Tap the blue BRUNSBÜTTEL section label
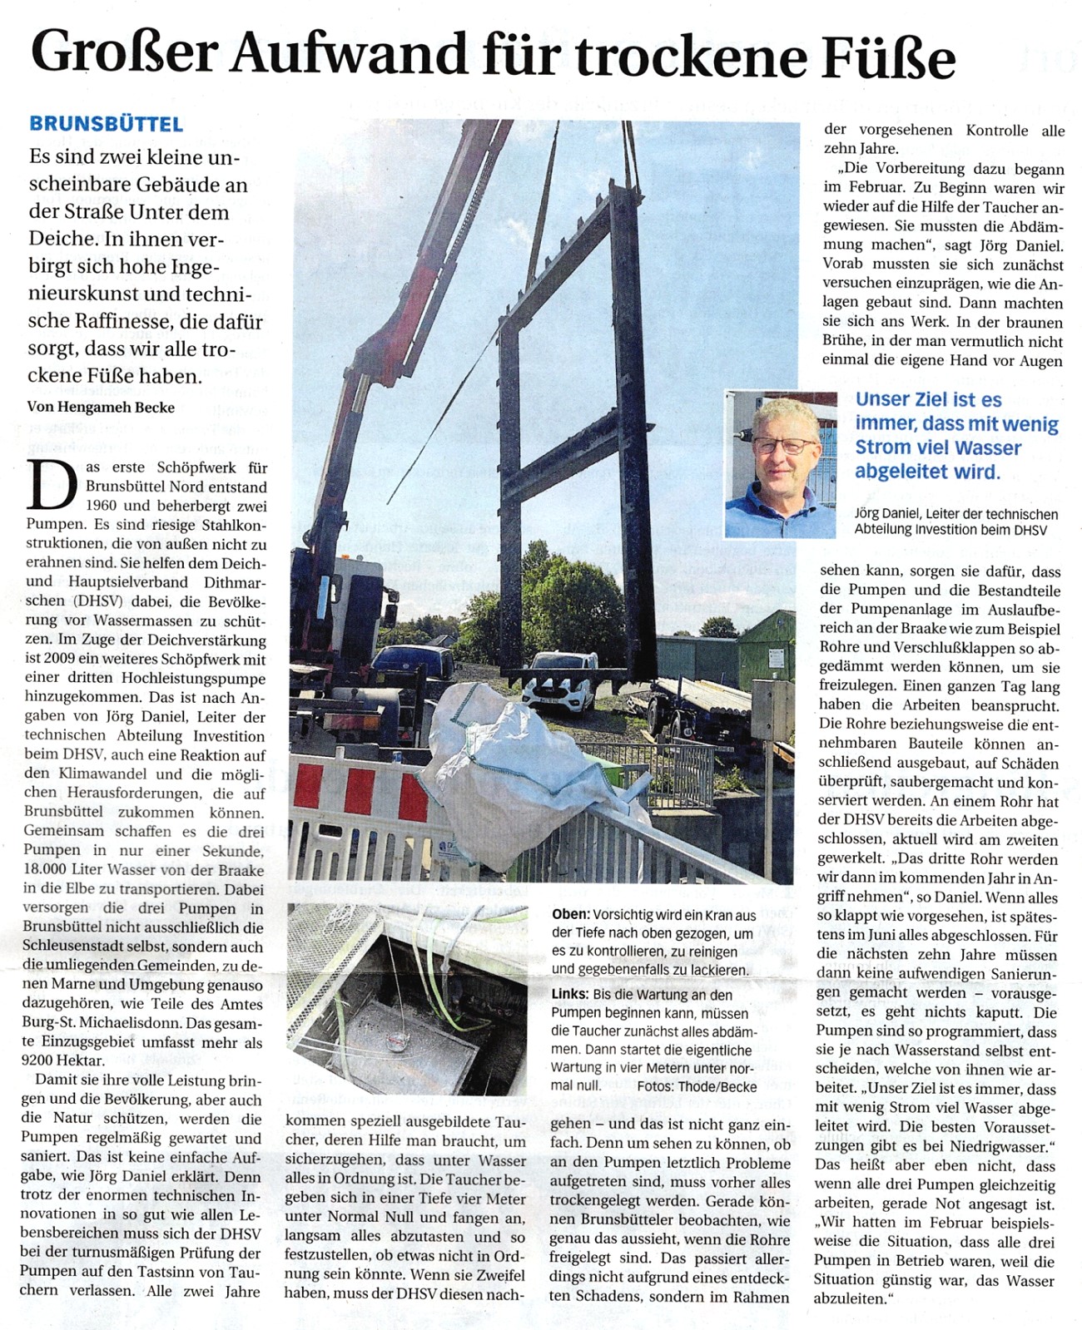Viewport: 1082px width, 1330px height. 106,125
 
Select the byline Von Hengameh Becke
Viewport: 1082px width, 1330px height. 102,407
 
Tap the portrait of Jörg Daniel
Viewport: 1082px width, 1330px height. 779,463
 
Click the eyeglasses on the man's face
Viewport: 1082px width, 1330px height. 784,446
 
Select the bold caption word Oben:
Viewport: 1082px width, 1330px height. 571,915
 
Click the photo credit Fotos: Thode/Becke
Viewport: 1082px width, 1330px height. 697,1086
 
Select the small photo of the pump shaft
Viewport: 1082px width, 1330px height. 406,998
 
